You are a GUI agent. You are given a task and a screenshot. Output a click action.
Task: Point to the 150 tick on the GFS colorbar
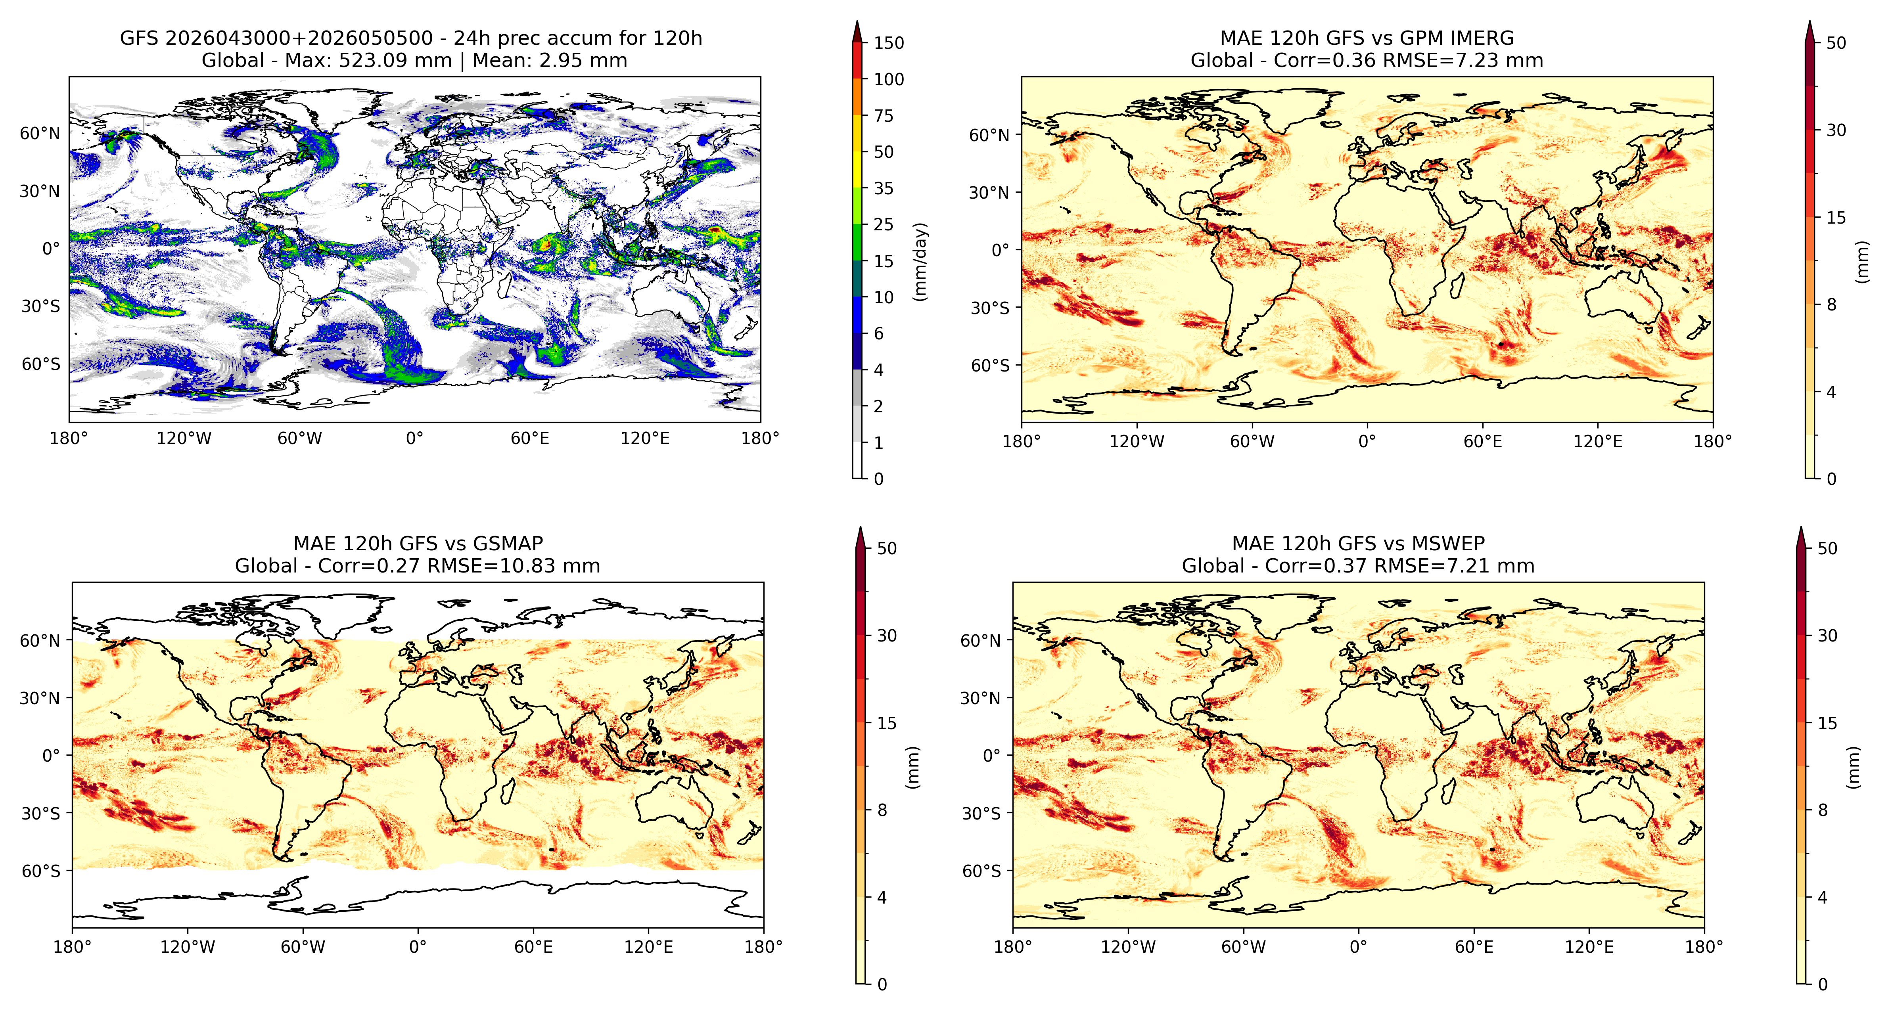(889, 43)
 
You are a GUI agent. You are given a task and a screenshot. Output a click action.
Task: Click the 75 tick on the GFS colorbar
(884, 116)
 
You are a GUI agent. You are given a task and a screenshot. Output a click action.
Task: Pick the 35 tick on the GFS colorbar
(884, 189)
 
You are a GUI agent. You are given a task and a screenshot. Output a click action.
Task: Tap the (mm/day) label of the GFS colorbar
(920, 261)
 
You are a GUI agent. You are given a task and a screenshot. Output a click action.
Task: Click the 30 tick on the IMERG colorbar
(1836, 130)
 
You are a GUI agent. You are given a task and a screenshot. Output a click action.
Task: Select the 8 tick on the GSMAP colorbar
(882, 810)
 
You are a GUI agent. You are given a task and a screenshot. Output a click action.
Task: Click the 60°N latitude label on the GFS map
(40, 134)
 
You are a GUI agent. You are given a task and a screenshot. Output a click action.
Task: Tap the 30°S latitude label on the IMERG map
(991, 308)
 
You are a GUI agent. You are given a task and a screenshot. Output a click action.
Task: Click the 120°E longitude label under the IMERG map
(1598, 442)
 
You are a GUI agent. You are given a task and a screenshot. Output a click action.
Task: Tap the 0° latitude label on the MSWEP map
(992, 756)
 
